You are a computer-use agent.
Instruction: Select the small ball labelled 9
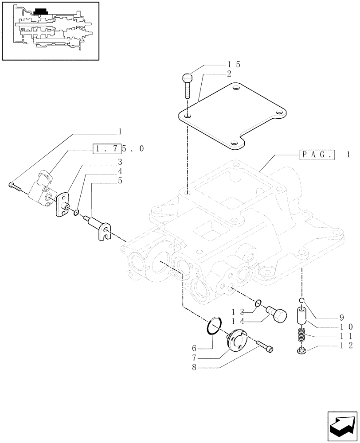coord(301,301)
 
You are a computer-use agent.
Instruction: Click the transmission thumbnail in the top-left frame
coord(51,30)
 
